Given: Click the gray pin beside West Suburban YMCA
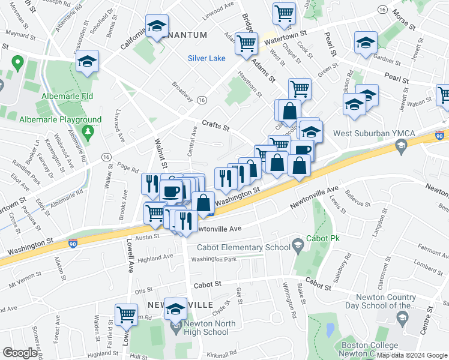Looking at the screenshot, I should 401,145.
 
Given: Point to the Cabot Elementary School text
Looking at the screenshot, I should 238,247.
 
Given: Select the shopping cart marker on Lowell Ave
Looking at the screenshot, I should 126,314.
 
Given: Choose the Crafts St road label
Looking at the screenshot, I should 216,126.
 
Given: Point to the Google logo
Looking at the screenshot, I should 19,353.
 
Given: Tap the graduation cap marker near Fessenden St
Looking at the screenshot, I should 87,61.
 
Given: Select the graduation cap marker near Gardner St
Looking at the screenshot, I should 365,43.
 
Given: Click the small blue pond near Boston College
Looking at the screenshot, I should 330,329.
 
